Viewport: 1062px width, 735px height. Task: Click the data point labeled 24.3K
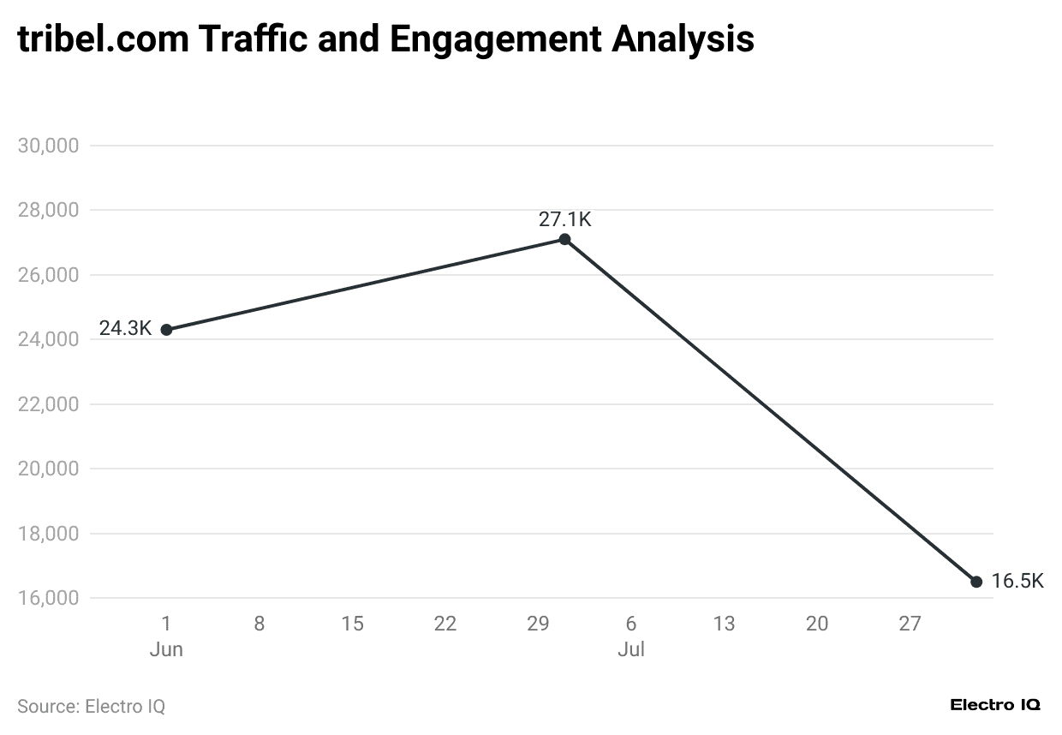[x=166, y=330]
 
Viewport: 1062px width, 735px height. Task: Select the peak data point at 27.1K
[x=564, y=239]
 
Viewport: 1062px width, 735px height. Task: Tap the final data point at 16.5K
[x=976, y=582]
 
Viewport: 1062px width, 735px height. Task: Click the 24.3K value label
[x=125, y=328]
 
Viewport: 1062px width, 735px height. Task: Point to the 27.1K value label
[x=564, y=219]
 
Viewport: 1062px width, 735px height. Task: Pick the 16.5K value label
[x=1017, y=581]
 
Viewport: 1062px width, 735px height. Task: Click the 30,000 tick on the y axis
[x=48, y=146]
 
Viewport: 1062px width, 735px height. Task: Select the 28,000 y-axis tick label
[x=48, y=211]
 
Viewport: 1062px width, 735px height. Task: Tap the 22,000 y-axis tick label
[x=48, y=404]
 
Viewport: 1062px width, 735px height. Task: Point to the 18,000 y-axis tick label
[x=48, y=534]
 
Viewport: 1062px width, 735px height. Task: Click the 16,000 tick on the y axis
[x=48, y=598]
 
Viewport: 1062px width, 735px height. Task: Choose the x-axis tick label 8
[x=260, y=624]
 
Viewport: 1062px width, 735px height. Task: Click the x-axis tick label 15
[x=352, y=624]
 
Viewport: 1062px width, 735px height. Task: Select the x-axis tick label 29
[x=538, y=624]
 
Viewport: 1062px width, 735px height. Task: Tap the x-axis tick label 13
[x=724, y=624]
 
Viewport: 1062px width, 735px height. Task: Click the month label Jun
[x=166, y=650]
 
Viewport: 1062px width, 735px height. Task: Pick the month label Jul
[x=631, y=650]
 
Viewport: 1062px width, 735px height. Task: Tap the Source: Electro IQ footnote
[x=91, y=707]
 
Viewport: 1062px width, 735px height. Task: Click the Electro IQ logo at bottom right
[x=995, y=705]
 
